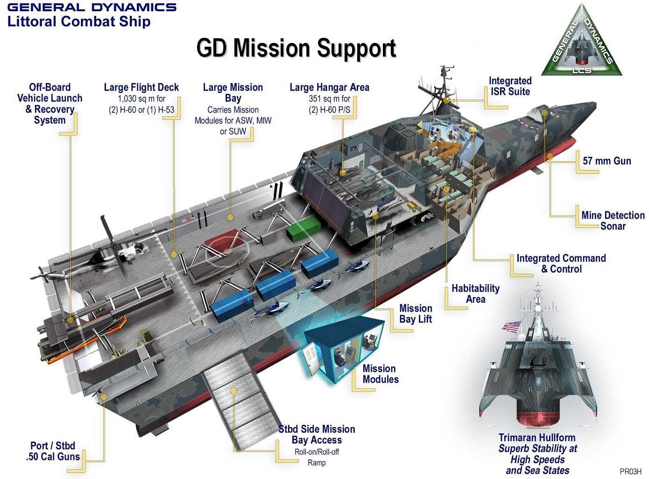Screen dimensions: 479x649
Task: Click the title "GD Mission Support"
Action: [x=296, y=49]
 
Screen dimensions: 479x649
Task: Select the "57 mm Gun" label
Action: [x=607, y=161]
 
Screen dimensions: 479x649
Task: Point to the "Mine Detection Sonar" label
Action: [x=613, y=221]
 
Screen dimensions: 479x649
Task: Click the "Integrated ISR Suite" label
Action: [x=510, y=86]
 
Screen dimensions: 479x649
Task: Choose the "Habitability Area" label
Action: [x=475, y=293]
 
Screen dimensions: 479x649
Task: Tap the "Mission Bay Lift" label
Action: [x=416, y=314]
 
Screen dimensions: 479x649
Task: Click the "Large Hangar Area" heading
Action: [x=329, y=87]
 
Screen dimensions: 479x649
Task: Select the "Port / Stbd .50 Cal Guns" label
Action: [x=53, y=451]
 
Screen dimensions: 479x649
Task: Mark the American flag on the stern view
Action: [x=512, y=326]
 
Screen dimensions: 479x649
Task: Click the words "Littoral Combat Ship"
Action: [x=79, y=21]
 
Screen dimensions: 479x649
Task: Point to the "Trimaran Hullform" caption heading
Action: [x=537, y=438]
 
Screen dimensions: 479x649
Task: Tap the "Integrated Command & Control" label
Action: [x=561, y=264]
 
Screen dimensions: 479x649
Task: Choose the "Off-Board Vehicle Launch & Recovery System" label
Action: [x=49, y=103]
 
